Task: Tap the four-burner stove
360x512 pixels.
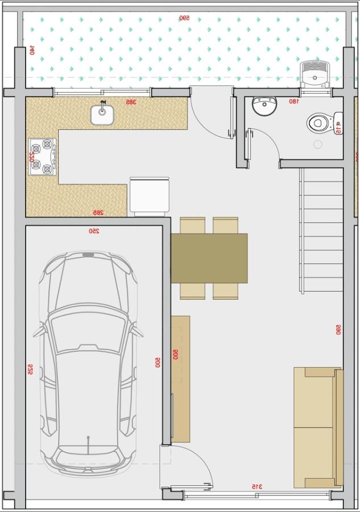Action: (43, 156)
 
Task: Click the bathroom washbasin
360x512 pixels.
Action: (263, 106)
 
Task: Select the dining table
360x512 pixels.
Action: (209, 258)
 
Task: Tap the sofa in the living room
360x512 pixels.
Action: (317, 427)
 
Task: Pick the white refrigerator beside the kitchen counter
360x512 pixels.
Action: (150, 195)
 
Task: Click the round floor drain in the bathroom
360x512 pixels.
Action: (318, 144)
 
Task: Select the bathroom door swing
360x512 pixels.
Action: (263, 145)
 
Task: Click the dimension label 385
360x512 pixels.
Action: (130, 102)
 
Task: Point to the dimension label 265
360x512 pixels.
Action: (98, 213)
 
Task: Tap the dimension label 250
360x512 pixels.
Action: (94, 232)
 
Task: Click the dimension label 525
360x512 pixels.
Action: (30, 369)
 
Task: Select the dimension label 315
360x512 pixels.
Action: (257, 486)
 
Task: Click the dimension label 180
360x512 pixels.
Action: (293, 101)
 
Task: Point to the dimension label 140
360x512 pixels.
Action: (32, 50)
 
